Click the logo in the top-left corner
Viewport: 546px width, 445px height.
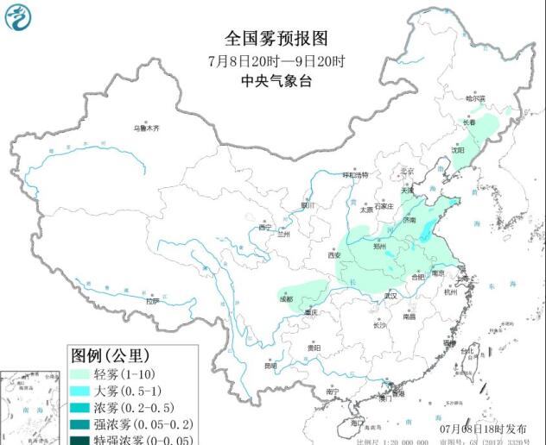coord(18,17)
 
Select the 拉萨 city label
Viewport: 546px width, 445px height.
coord(153,302)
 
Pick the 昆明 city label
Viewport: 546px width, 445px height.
coord(271,365)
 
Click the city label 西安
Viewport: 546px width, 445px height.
coord(335,255)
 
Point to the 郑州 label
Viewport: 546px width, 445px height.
coord(380,246)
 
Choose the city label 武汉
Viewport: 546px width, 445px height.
coord(390,296)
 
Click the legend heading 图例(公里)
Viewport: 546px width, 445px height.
coord(110,355)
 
